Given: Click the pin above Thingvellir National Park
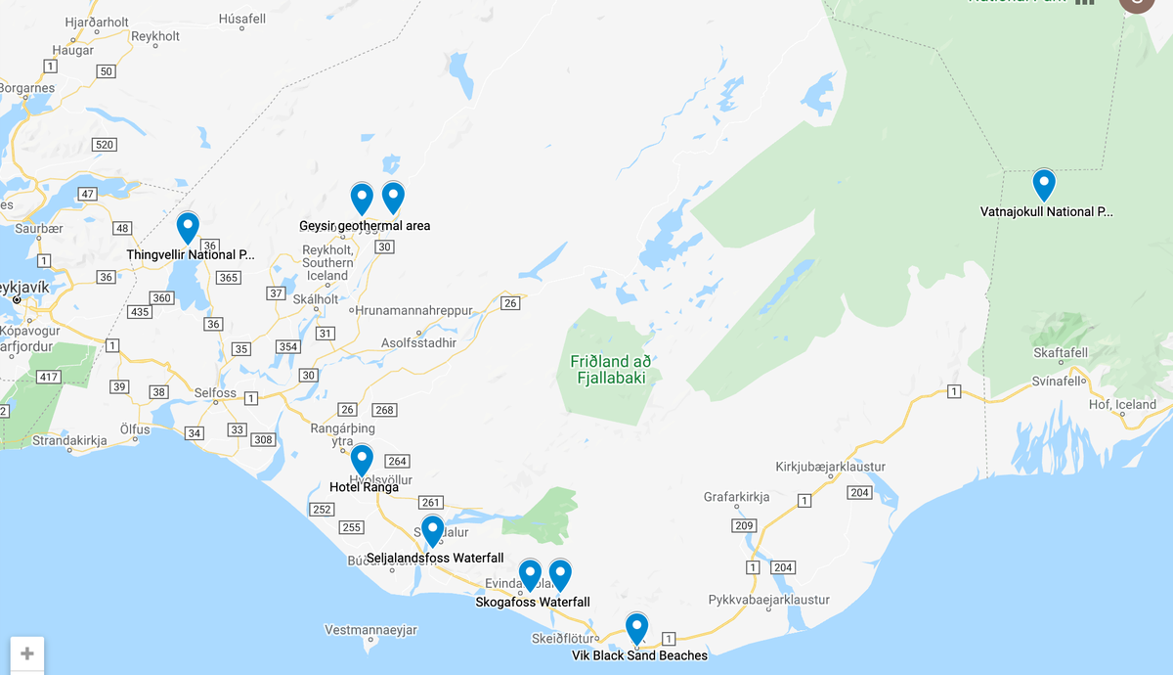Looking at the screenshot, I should point(188,227).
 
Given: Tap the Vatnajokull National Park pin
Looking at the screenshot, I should point(1044,184).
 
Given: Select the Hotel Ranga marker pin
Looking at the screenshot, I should point(362,459).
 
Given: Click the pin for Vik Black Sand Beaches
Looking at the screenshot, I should point(636,627).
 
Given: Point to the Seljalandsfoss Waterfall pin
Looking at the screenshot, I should point(432,530).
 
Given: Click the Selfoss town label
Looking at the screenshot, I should point(215,392).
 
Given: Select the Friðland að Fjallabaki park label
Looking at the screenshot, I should point(612,369).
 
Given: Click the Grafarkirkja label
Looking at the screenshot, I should point(736,497).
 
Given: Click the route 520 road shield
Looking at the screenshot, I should point(105,145).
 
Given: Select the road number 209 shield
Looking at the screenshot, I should point(744,526).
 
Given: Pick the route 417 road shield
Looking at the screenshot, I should point(48,376).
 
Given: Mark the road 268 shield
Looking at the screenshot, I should point(384,409).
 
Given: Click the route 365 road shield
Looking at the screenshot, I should point(228,278).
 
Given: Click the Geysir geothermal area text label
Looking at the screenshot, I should point(365,226).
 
